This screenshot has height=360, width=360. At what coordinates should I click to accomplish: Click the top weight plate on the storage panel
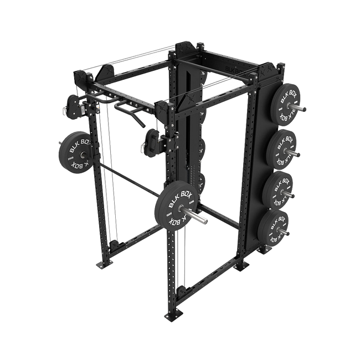[x=285, y=103]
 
